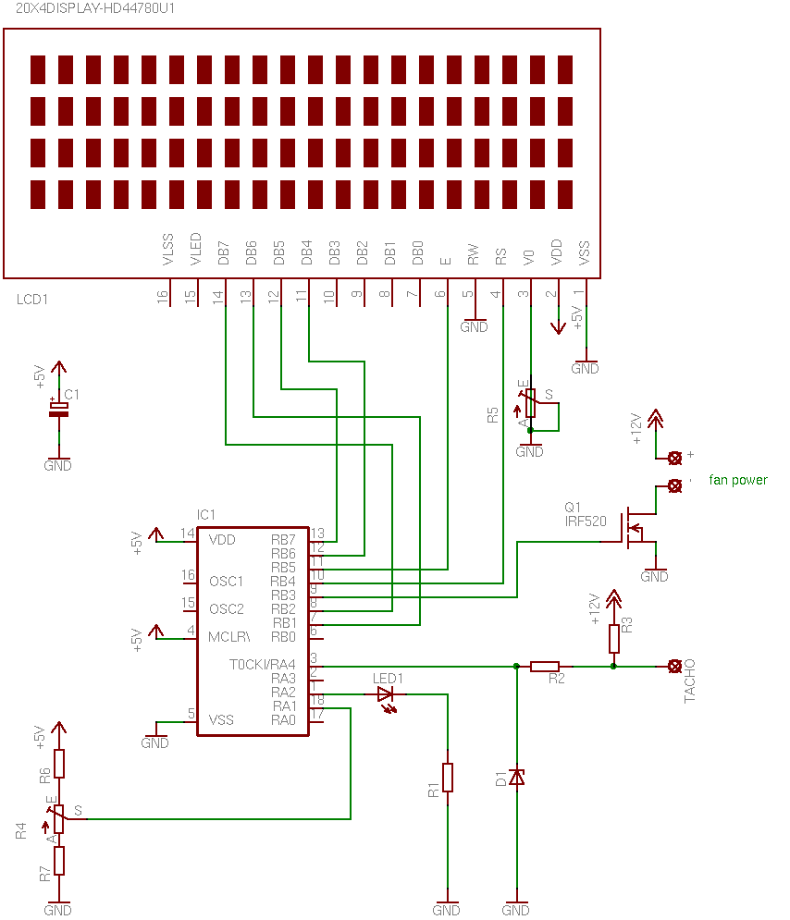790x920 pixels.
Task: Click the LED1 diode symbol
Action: tap(385, 694)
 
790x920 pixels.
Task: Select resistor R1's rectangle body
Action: tap(448, 778)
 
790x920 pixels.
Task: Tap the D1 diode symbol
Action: tap(516, 778)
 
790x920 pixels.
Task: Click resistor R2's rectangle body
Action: tap(545, 667)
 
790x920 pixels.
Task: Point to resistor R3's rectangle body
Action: tap(614, 639)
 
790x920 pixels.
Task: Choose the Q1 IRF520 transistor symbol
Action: tap(636, 528)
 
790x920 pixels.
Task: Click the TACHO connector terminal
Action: tap(675, 667)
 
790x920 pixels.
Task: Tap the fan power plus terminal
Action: tap(675, 459)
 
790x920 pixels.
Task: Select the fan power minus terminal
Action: tap(675, 485)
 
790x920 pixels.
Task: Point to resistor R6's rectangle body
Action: tap(58, 764)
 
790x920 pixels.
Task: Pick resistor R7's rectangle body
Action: tap(58, 861)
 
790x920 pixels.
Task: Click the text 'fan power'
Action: tap(738, 480)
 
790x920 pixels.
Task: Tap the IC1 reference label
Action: tap(206, 515)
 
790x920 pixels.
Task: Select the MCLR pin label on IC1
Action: tap(228, 637)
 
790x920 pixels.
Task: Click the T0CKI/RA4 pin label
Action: tap(263, 665)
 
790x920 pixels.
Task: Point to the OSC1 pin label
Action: tap(227, 582)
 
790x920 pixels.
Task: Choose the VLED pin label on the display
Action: tap(195, 249)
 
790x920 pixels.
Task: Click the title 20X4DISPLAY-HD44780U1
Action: tap(95, 8)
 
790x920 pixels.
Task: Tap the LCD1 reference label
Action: tap(32, 300)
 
